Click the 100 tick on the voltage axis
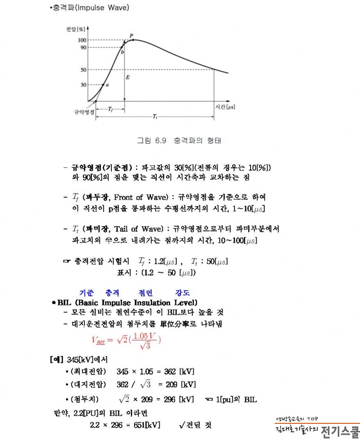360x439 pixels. click(82, 40)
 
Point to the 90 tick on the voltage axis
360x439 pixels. click(83, 47)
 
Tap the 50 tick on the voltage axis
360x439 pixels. click(83, 70)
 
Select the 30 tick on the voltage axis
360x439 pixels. click(83, 85)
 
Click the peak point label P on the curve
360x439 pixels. click(131, 36)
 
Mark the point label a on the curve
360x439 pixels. click(107, 85)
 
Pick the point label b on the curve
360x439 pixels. click(122, 52)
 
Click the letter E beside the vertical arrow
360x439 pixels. click(127, 77)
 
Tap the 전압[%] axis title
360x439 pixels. click(76, 29)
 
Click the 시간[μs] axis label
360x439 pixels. click(225, 107)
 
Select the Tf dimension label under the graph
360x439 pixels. click(110, 109)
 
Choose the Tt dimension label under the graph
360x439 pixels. click(154, 117)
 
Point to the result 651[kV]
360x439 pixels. click(144, 425)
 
